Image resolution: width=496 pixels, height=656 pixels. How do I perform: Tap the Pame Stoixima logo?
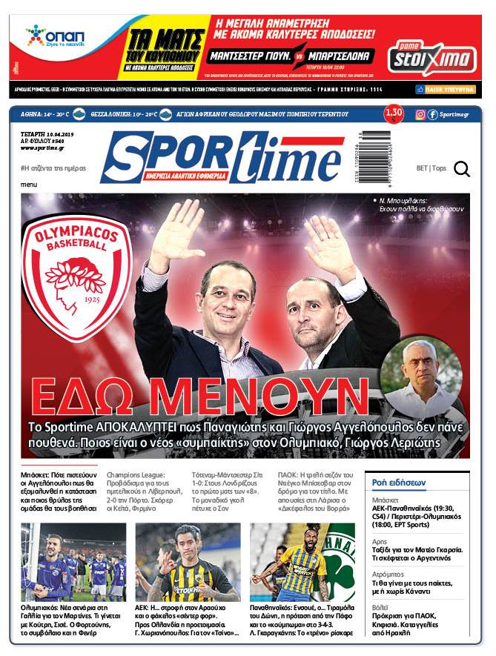point(424,54)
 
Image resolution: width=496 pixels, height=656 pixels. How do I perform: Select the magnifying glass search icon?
point(462,170)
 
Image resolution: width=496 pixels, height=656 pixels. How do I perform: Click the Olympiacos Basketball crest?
point(76,268)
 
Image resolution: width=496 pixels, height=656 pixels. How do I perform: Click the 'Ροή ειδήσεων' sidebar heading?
point(399,483)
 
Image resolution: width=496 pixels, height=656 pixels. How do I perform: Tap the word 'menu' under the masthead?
point(29,184)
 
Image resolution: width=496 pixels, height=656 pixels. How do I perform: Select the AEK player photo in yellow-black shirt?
point(188,563)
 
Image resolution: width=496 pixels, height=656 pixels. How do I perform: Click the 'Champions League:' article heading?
point(136,474)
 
